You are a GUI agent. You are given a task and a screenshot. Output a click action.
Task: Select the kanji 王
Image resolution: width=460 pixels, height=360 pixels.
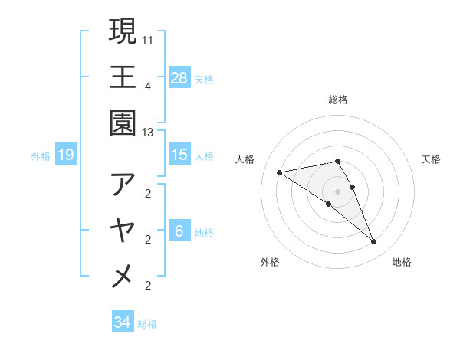pyautogui.click(x=123, y=77)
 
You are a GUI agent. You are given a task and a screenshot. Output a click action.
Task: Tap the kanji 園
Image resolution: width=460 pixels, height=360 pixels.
pyautogui.click(x=123, y=123)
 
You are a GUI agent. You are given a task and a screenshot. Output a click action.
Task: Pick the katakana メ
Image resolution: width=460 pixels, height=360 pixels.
pyautogui.click(x=123, y=276)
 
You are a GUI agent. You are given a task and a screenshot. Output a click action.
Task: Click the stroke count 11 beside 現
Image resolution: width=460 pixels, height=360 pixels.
pyautogui.click(x=148, y=38)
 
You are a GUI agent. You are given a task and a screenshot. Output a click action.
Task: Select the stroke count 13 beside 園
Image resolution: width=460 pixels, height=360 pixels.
pyautogui.click(x=148, y=133)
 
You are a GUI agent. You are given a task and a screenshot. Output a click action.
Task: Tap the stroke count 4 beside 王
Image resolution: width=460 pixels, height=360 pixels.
pyautogui.click(x=148, y=86)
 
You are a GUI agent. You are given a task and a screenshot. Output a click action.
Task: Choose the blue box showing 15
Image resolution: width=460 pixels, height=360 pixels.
pyautogui.click(x=179, y=155)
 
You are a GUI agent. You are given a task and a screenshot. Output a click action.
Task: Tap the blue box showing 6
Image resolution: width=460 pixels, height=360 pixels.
pyautogui.click(x=179, y=231)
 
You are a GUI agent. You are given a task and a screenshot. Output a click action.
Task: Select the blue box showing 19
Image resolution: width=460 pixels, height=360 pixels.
pyautogui.click(x=66, y=155)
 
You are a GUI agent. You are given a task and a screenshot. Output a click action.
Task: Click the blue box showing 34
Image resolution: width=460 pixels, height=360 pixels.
pyautogui.click(x=122, y=323)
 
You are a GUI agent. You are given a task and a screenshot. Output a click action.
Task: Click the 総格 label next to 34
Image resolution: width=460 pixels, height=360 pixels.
pyautogui.click(x=147, y=324)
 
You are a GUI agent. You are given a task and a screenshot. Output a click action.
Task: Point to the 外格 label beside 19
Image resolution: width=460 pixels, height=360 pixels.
pyautogui.click(x=41, y=156)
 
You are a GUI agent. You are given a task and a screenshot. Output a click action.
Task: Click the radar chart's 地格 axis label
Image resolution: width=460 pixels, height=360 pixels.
pyautogui.click(x=402, y=262)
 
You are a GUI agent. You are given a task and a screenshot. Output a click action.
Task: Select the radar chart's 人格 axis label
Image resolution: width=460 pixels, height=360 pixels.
pyautogui.click(x=247, y=159)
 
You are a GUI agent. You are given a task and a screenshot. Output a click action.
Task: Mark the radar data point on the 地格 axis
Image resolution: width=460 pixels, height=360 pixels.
pyautogui.click(x=373, y=242)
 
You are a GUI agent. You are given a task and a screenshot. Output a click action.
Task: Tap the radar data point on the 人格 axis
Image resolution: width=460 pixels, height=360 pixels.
pyautogui.click(x=280, y=172)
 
